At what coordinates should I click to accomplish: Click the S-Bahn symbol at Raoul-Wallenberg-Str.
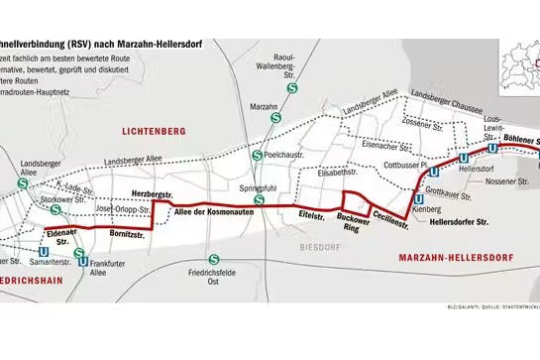291,88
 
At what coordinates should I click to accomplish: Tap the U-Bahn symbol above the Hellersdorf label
463,158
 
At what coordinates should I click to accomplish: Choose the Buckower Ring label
352,220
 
